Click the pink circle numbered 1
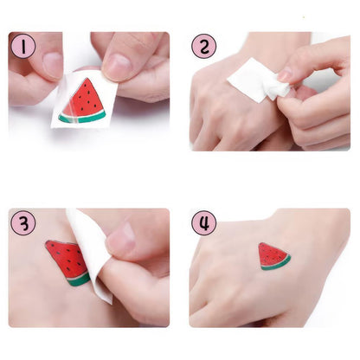(23, 45)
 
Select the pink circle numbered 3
(23, 222)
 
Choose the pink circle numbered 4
(203, 222)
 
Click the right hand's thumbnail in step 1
(117, 65)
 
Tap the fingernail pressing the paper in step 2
(284, 75)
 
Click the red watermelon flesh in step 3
(66, 258)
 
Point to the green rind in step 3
(78, 280)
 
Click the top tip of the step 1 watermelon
(90, 80)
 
